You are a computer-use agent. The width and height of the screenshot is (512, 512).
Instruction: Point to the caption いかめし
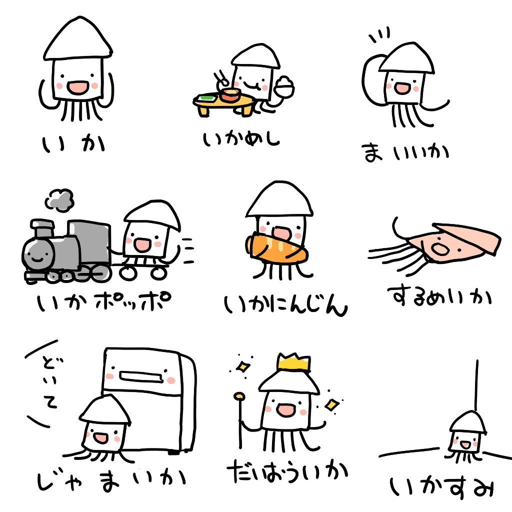coord(241,138)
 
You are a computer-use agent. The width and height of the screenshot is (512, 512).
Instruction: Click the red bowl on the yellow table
coord(230,95)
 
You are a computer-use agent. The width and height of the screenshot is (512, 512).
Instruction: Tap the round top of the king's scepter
coord(239,398)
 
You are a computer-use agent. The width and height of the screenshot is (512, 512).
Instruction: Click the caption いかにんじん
coord(285,305)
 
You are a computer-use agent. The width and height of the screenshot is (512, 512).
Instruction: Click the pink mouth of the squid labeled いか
coord(77,88)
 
